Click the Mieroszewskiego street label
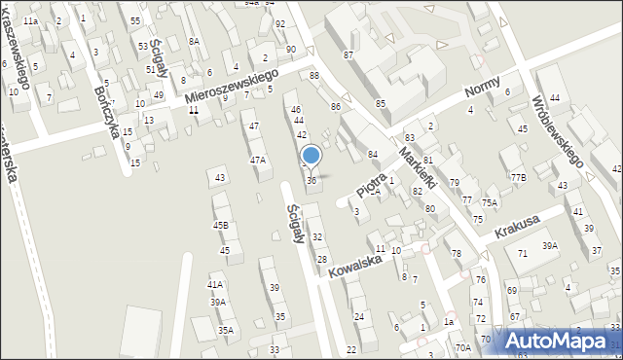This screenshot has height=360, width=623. [233, 85]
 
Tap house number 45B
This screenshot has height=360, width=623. [221, 226]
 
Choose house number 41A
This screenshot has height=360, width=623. [215, 284]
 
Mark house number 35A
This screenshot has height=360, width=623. [225, 331]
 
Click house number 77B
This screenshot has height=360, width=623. [518, 177]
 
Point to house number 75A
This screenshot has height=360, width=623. [489, 202]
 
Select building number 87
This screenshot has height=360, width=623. [348, 55]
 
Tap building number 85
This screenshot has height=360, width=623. [381, 103]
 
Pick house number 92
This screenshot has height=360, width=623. [280, 23]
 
